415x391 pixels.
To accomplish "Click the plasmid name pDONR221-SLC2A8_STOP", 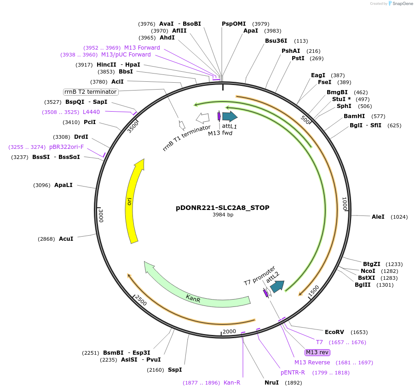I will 223,208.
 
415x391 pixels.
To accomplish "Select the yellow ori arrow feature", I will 132,202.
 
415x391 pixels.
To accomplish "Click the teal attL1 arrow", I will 229,116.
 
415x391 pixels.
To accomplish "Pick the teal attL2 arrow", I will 277,286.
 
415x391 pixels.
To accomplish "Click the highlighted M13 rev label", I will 317,352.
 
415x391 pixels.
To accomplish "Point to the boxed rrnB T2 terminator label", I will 91,92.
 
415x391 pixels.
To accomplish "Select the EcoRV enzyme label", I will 334,332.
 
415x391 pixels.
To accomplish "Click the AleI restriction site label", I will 378,217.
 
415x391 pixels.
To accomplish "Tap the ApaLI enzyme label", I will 63,185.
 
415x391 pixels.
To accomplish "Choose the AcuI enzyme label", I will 66,239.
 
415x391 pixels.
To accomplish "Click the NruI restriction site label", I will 271,382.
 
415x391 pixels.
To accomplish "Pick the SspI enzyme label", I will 174,369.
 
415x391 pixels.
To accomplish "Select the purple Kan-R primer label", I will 232,382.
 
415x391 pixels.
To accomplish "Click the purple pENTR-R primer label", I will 293,372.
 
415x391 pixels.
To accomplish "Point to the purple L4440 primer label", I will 91,112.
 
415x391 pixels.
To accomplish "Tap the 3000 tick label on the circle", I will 101,215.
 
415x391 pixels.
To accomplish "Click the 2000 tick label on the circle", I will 229,331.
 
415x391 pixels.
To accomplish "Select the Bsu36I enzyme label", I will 276,40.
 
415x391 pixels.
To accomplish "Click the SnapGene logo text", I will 402,4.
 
